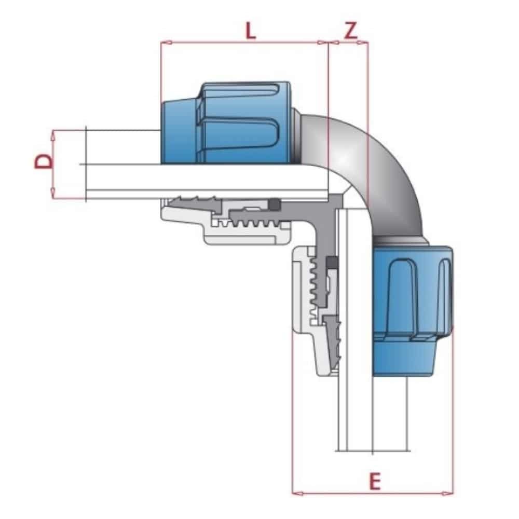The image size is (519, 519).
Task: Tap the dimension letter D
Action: coord(44,161)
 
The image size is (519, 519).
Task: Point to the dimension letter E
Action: coord(375,482)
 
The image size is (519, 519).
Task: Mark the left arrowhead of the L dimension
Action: coord(165,43)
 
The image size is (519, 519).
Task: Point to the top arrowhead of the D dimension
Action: coord(53,134)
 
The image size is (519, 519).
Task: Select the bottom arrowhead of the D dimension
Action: coord(53,196)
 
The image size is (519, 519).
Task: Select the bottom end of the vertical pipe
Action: coord(373,449)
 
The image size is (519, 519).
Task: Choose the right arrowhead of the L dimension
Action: coord(324,43)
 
